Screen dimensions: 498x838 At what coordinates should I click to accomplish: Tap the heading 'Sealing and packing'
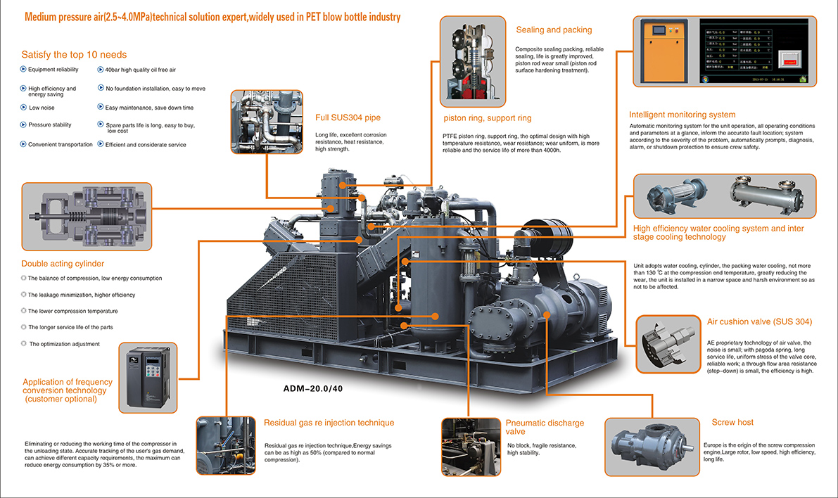pos(554,30)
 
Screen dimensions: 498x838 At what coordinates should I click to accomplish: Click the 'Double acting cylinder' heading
pos(63,264)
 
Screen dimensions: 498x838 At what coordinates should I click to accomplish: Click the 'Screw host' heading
pos(732,422)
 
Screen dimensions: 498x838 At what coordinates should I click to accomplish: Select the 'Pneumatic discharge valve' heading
pos(545,427)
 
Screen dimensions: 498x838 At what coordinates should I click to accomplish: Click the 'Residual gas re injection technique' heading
pos(329,423)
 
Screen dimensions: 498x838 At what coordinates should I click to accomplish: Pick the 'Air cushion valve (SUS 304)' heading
pos(759,322)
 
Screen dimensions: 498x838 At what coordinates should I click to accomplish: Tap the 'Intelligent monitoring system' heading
pos(682,115)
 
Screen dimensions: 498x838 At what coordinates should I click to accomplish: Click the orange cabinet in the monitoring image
pos(661,50)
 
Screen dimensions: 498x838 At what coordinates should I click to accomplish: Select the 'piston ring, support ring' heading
pos(487,118)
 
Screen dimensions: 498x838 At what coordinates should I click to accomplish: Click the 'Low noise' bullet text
pos(42,108)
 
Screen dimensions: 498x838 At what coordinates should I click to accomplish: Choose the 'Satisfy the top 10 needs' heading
pos(74,54)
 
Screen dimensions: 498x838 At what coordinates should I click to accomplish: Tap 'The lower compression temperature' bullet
pos(72,311)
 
